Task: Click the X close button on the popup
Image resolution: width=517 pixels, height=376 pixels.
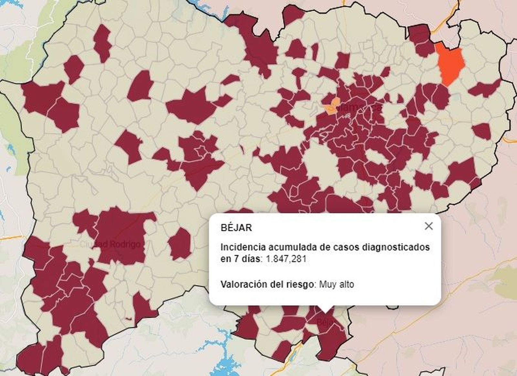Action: [x=428, y=226]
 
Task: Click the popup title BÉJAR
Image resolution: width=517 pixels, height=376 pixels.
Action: [x=236, y=227]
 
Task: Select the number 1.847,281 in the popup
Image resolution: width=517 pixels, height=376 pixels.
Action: [x=286, y=259]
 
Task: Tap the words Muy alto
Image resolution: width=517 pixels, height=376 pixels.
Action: [x=337, y=284]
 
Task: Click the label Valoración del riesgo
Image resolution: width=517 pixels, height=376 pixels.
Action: [x=267, y=284]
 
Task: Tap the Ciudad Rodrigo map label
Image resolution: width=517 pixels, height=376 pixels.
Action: [x=110, y=244]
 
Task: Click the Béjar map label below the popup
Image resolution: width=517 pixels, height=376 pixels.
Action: [x=325, y=322]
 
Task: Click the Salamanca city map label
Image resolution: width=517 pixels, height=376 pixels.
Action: [x=359, y=108]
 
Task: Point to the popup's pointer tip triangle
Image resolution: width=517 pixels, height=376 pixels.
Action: [x=325, y=311]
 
